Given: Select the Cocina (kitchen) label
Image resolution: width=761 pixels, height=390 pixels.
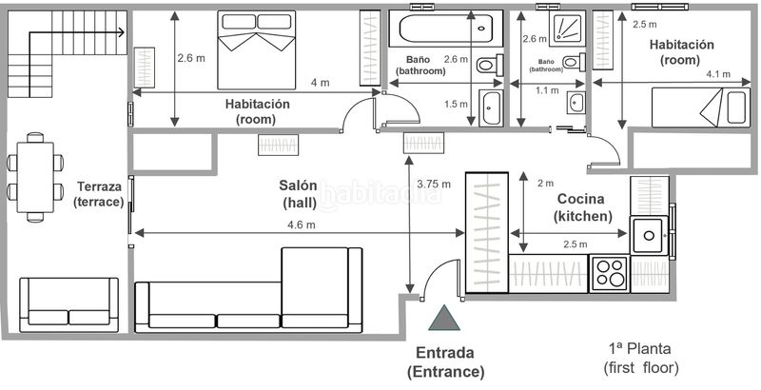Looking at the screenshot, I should tap(590, 207).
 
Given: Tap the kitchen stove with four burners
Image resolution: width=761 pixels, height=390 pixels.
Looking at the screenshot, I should tap(609, 273).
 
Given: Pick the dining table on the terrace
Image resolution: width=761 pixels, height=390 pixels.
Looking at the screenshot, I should tap(35, 177).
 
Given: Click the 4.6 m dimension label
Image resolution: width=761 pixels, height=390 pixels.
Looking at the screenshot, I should tap(302, 224).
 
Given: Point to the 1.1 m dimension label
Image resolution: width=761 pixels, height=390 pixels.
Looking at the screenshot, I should tap(546, 90).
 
